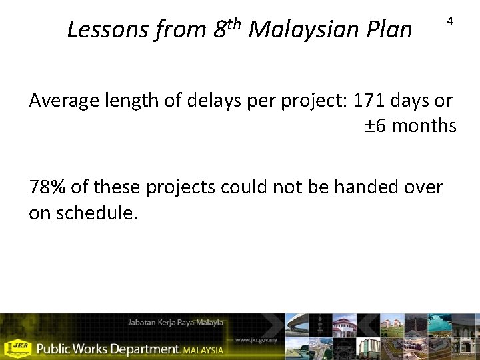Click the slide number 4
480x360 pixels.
point(450,22)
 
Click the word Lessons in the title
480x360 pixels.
point(108,29)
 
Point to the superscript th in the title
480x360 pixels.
point(233,24)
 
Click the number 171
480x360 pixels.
point(375,101)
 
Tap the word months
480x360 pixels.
point(424,125)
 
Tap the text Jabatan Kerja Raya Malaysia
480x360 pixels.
point(175,323)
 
